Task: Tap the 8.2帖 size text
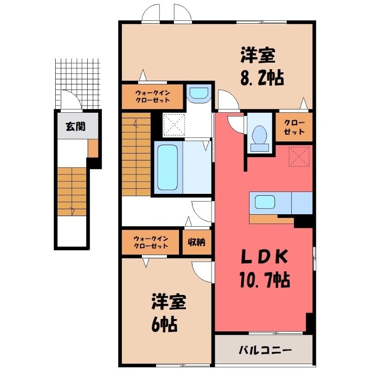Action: pos(262,77)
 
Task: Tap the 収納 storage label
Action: pos(197,242)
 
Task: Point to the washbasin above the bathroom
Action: pos(200,93)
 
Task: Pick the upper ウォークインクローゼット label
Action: pos(153,96)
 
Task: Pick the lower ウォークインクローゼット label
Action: pos(151,242)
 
